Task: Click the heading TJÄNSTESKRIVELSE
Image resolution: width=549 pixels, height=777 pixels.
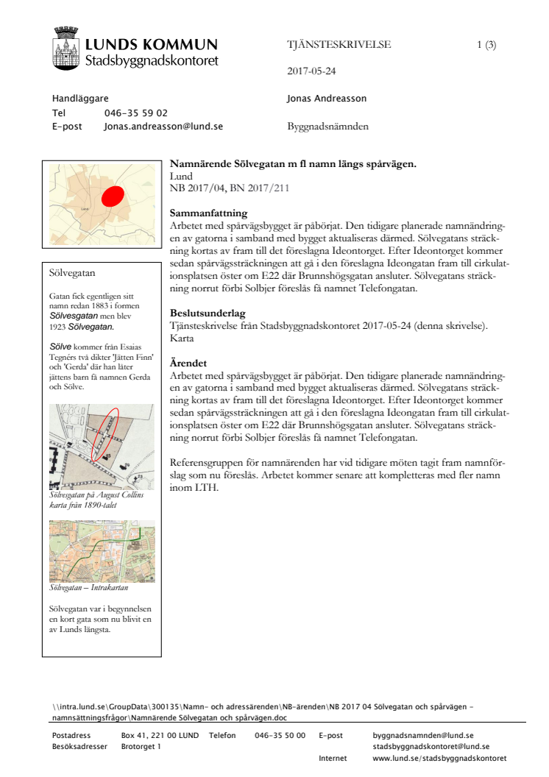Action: (339, 45)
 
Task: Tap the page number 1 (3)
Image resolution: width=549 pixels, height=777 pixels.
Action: (486, 45)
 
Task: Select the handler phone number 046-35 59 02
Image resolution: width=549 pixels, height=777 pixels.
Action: (136, 113)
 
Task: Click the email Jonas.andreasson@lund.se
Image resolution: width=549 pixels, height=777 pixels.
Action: (163, 127)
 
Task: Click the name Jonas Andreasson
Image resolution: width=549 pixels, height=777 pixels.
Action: (327, 99)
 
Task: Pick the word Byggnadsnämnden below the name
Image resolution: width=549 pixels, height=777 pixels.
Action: (327, 127)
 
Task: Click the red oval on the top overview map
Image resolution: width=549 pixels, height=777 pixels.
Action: (112, 196)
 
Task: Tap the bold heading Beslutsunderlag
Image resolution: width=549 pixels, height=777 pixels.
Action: (208, 313)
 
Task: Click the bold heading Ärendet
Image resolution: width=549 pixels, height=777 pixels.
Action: (188, 363)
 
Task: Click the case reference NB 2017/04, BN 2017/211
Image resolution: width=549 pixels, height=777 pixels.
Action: (229, 188)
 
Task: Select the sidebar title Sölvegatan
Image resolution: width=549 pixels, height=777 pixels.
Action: (72, 273)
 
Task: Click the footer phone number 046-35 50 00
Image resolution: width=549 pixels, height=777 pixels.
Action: (280, 736)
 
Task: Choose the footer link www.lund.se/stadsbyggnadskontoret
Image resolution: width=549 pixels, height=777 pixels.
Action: (439, 759)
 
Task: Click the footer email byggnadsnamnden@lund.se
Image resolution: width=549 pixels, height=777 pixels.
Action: (423, 736)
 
